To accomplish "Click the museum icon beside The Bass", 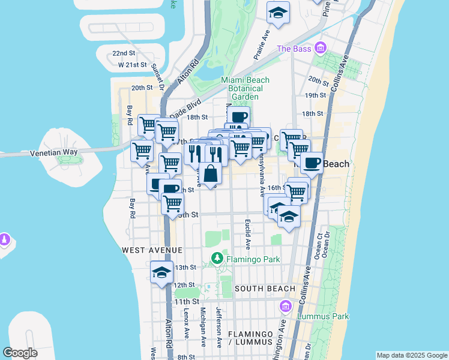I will pyautogui.click(x=320, y=47).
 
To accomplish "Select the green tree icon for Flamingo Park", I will pyautogui.click(x=217, y=259).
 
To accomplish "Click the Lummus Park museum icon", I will pyautogui.click(x=285, y=307).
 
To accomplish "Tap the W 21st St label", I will pyautogui.click(x=133, y=64).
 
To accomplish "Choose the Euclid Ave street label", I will pyautogui.click(x=247, y=234).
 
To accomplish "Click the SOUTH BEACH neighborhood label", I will pyautogui.click(x=265, y=289).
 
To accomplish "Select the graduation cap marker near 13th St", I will pyautogui.click(x=161, y=272).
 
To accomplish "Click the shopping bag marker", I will pyautogui.click(x=211, y=174).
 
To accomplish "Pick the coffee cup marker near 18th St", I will pyautogui.click(x=238, y=116).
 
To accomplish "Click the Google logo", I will pyautogui.click(x=20, y=353).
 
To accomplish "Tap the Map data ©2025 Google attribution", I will pyautogui.click(x=412, y=355).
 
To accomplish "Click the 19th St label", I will pyautogui.click(x=315, y=95).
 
